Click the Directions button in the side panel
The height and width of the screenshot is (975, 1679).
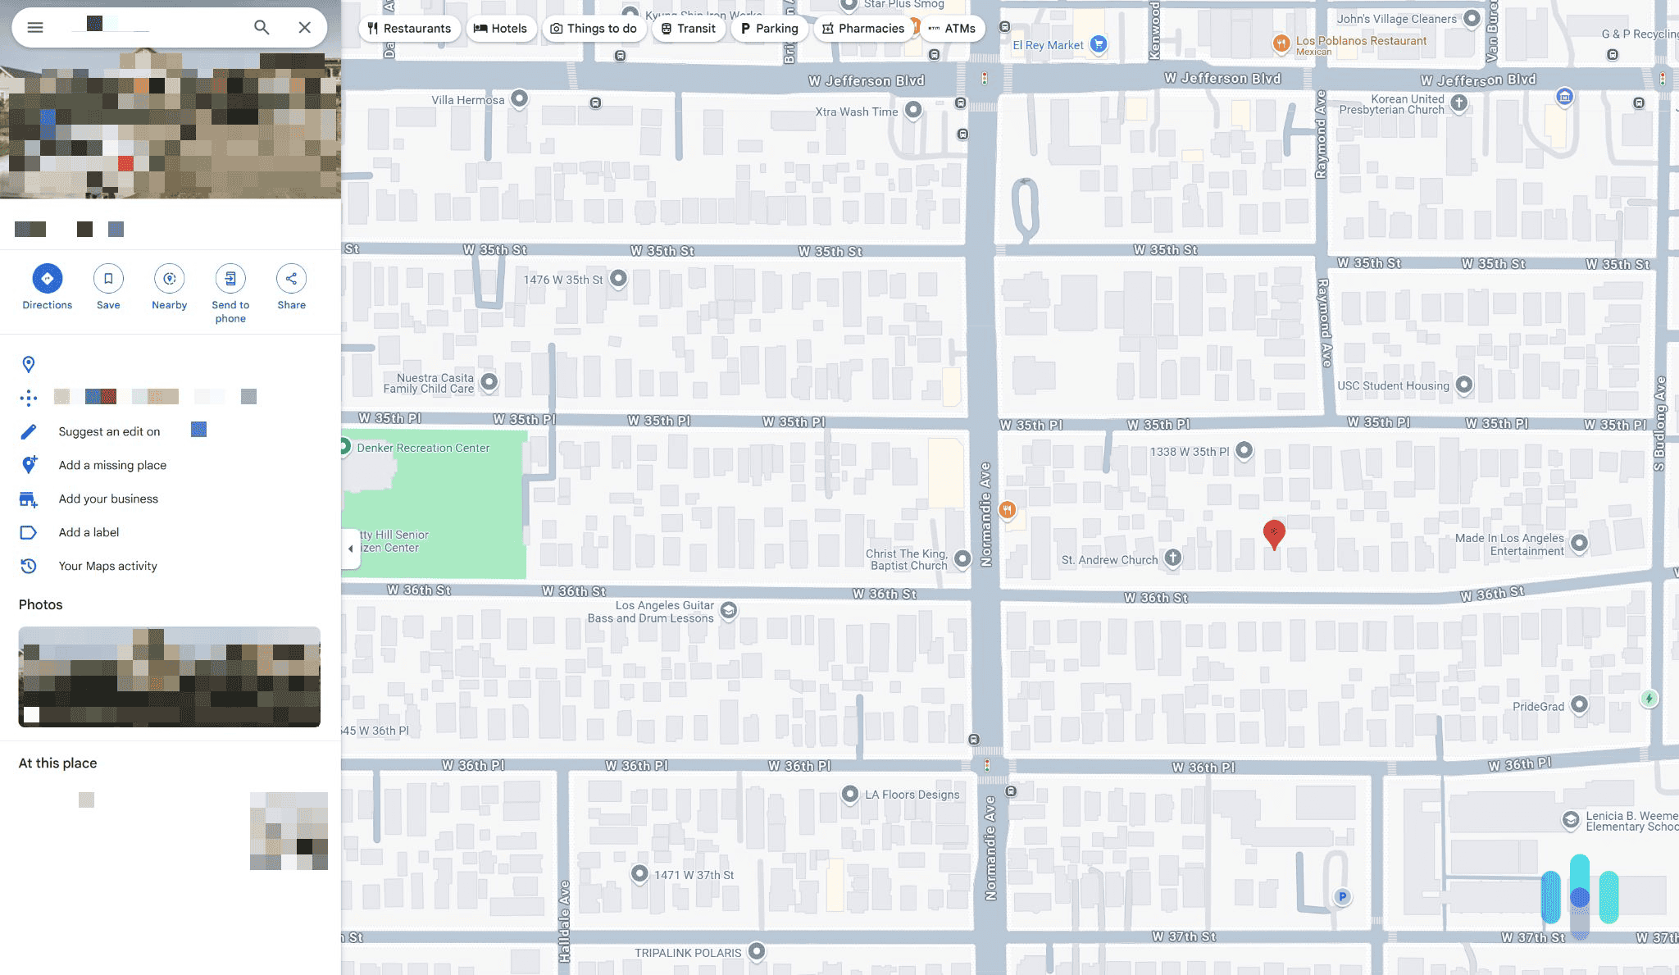[47, 279]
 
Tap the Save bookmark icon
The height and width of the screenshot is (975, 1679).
[108, 279]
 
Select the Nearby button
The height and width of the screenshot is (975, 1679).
[169, 279]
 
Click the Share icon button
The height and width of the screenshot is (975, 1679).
[291, 279]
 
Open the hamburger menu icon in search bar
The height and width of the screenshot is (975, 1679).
[35, 27]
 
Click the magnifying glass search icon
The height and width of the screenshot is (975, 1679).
[262, 27]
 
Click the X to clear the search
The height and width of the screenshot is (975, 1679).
[304, 27]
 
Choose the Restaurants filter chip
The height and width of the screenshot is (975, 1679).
[409, 29]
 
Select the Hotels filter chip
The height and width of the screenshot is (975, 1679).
[501, 29]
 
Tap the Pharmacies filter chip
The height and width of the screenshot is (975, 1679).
[863, 29]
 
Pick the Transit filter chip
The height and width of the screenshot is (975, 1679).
[689, 29]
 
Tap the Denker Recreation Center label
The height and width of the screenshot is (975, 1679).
[423, 448]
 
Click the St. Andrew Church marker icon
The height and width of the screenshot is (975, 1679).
[1173, 558]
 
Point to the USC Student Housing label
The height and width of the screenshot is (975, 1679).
[1393, 385]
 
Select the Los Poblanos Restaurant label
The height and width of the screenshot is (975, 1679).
[1361, 41]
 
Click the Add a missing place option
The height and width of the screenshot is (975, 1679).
[112, 465]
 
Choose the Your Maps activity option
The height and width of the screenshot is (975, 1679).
[107, 566]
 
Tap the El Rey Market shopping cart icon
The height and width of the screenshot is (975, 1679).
[1099, 44]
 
